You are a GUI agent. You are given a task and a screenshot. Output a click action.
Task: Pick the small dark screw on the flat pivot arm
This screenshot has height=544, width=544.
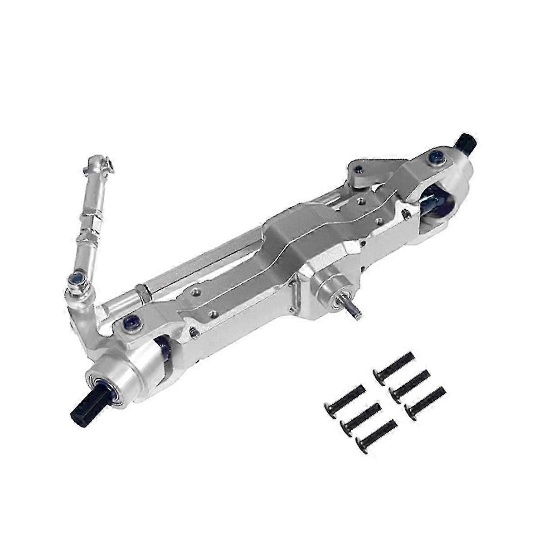(x=358, y=170)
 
